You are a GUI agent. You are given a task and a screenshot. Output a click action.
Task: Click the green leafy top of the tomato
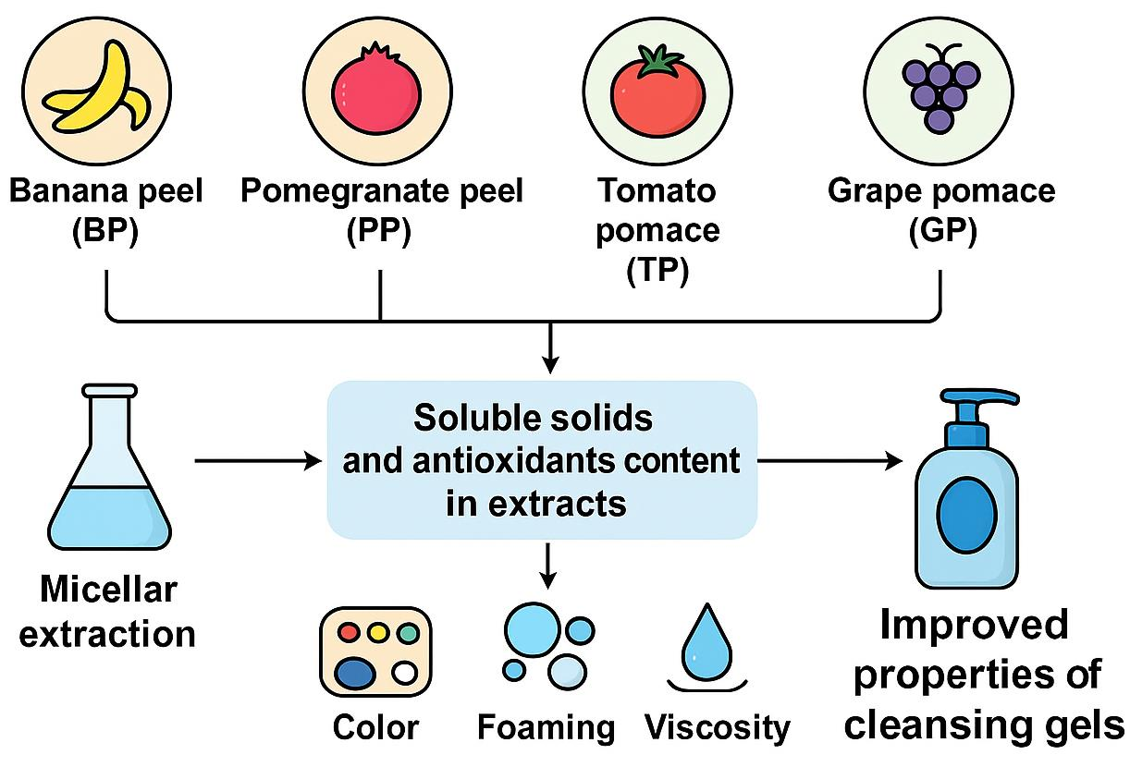coord(657,61)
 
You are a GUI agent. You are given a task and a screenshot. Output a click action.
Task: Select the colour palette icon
coord(375,651)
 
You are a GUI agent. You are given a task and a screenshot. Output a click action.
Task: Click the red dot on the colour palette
coord(349,633)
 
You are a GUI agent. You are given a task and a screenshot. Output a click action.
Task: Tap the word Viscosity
coord(718,726)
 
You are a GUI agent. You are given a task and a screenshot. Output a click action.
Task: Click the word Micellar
coord(107,590)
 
